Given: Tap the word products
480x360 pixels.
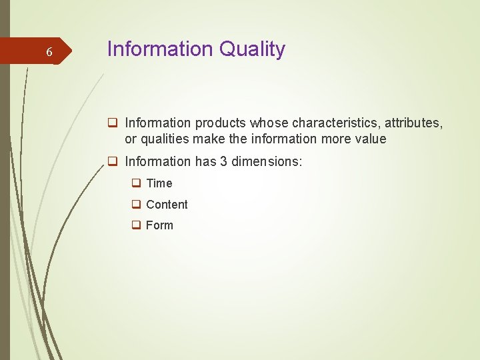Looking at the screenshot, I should [x=220, y=123].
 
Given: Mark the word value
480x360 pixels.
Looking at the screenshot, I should [x=371, y=139].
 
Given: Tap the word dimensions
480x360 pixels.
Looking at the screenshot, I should [x=271, y=161].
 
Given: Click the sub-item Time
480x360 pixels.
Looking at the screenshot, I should [x=159, y=183].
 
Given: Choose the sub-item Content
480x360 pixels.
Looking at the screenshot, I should [x=167, y=205].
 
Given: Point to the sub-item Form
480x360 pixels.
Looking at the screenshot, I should [x=159, y=225].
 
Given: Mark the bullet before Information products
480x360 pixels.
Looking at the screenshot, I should [x=113, y=123].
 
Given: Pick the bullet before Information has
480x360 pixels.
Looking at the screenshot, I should [x=113, y=161].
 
